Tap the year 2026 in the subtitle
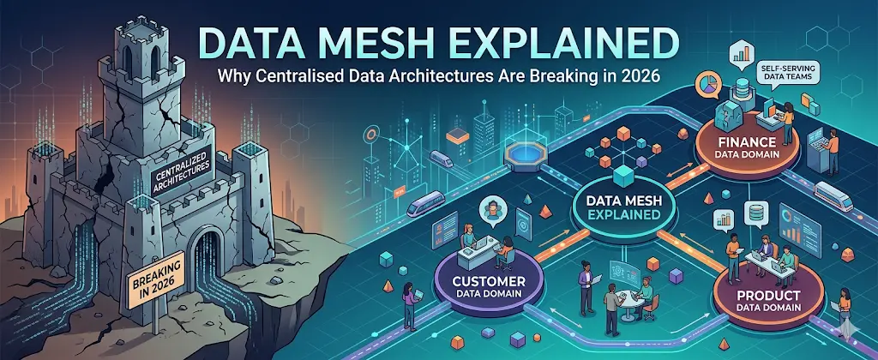coord(636,75)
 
